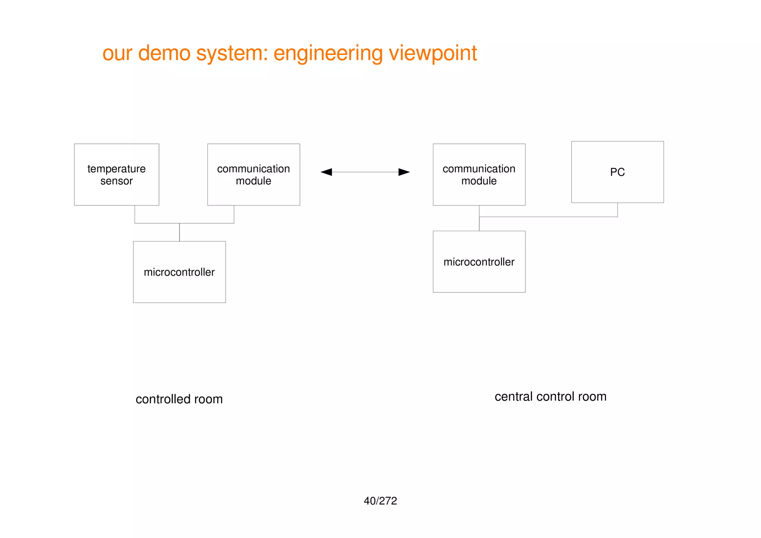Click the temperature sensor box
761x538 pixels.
click(x=116, y=174)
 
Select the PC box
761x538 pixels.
click(x=617, y=172)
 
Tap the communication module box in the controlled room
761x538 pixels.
click(x=253, y=174)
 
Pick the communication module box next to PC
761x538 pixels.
click(x=479, y=174)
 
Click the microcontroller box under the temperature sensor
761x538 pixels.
click(x=179, y=272)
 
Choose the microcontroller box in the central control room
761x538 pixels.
click(x=479, y=262)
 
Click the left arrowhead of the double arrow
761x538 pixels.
click(x=326, y=172)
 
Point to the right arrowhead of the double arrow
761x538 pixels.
click(x=404, y=172)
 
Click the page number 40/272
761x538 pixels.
click(x=380, y=501)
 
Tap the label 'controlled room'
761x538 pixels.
click(x=179, y=399)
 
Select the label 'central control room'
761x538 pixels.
click(x=550, y=396)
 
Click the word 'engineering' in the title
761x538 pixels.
click(x=328, y=53)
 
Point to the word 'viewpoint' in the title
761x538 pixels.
click(x=433, y=53)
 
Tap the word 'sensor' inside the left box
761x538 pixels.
click(x=116, y=181)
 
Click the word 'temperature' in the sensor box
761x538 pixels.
click(x=116, y=169)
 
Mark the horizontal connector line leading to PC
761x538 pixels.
click(x=548, y=217)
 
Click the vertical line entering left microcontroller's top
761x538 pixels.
click(x=179, y=232)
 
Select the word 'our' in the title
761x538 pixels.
click(x=117, y=53)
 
